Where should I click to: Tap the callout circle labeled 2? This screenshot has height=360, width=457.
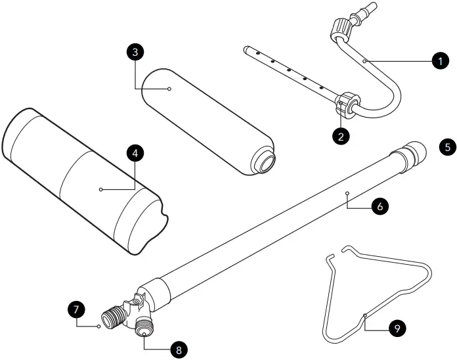[339, 136]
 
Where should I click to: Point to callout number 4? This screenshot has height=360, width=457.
[134, 153]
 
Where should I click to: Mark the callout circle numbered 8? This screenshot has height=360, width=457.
[175, 349]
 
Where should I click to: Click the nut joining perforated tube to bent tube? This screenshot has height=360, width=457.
[345, 106]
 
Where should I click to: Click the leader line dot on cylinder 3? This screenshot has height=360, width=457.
[169, 88]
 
